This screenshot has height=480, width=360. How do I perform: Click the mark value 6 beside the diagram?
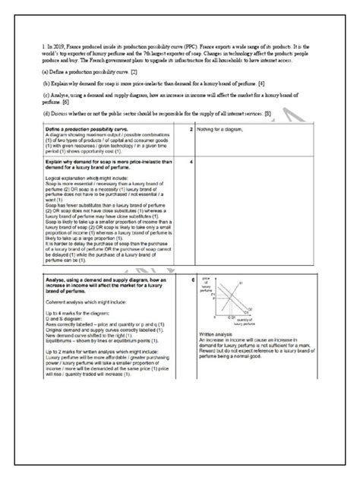pyautogui.click(x=193, y=280)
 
